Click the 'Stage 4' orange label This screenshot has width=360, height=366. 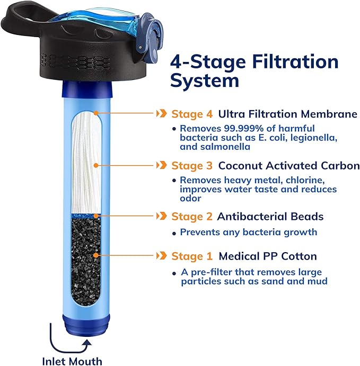pyautogui.click(x=187, y=114)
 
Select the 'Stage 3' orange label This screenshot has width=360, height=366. pyautogui.click(x=187, y=166)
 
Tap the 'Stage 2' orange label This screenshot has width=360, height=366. pyautogui.click(x=187, y=217)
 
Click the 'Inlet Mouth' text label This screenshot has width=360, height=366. pyautogui.click(x=72, y=361)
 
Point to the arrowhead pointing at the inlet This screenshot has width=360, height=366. pyautogui.click(x=87, y=343)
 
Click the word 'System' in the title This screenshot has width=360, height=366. pyautogui.click(x=205, y=81)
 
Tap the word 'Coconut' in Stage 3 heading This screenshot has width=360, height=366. pyautogui.click(x=238, y=166)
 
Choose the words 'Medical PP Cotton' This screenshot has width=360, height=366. pyautogui.click(x=268, y=256)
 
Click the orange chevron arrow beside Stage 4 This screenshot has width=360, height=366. pyautogui.click(x=160, y=114)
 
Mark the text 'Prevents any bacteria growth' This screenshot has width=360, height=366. pyautogui.click(x=248, y=232)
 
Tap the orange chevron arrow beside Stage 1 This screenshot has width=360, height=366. pyautogui.click(x=160, y=256)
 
